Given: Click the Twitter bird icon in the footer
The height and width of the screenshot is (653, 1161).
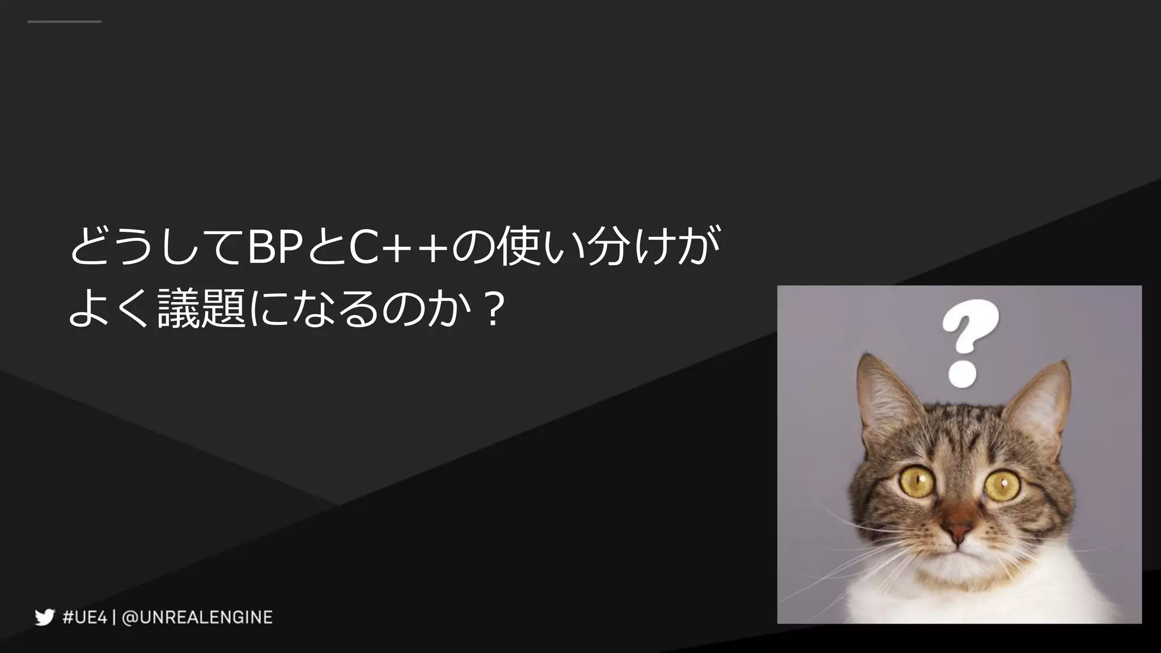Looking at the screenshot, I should pos(44,617).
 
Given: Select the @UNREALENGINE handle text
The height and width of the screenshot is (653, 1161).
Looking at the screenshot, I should pos(197,617).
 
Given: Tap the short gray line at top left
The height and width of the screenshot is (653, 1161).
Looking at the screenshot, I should pos(64,22).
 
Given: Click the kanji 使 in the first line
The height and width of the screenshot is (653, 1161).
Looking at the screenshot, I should pos(519,248).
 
